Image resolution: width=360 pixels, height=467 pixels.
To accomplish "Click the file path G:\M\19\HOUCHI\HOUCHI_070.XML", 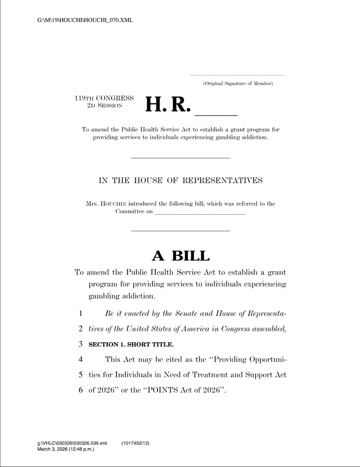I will click(85, 20).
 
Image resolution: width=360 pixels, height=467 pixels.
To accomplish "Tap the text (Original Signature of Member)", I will click(238, 83).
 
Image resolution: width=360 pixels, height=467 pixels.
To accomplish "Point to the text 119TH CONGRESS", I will click(104, 98).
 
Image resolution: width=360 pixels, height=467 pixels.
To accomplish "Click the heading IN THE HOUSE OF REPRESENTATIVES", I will click(180, 181).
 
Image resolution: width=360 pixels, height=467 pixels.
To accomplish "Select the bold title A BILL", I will click(180, 256).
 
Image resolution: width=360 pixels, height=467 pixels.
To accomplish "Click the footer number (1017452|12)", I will click(135, 443).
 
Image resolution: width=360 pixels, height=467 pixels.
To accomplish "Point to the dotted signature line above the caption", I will click(236, 75).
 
